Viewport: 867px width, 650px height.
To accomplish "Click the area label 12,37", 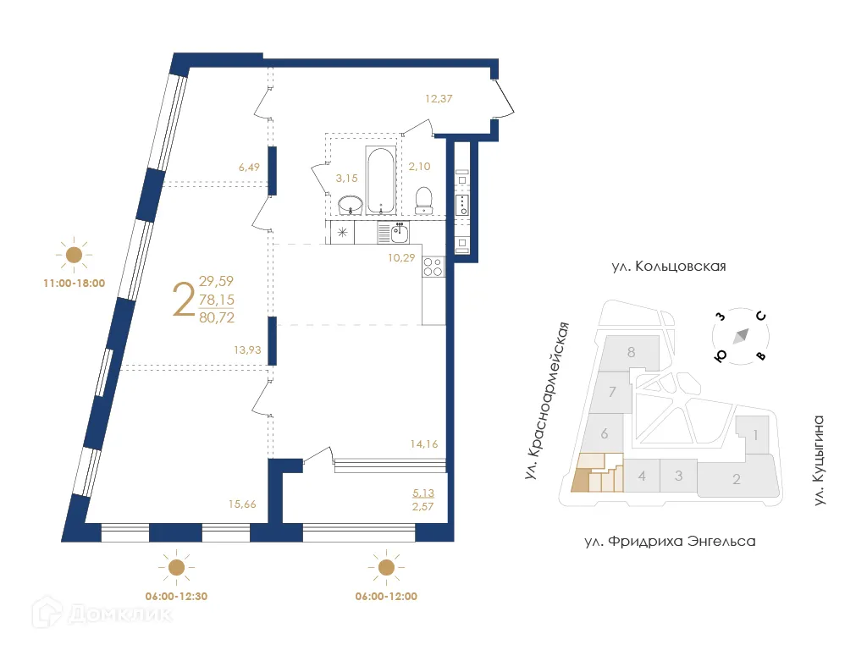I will click(439, 98).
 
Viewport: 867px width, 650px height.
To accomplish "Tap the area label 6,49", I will click(249, 168).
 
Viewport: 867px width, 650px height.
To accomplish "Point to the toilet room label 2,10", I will click(420, 167).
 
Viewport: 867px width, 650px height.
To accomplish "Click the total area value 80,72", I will click(217, 318).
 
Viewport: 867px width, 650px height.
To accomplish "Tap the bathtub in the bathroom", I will click(379, 179).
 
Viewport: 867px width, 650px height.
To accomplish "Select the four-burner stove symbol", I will click(433, 267).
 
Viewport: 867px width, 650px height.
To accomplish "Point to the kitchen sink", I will click(400, 233).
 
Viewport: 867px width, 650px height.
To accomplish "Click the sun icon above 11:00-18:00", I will click(74, 254).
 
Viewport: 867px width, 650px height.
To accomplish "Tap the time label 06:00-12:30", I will click(176, 596).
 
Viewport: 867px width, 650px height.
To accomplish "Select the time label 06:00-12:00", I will click(386, 596).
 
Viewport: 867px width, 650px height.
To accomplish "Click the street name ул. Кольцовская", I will click(668, 267).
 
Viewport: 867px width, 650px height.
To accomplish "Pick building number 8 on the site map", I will click(631, 352).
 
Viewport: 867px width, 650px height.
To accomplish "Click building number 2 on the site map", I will click(737, 480).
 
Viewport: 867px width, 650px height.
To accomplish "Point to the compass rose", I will click(741, 336).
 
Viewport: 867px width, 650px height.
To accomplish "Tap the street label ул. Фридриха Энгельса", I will click(668, 541).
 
